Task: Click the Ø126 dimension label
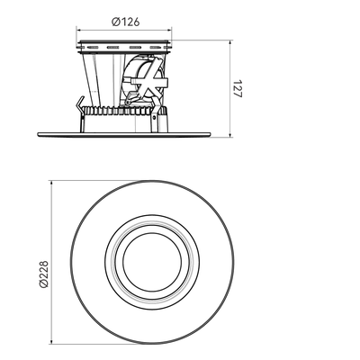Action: [x=126, y=22]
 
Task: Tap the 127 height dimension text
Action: [x=238, y=88]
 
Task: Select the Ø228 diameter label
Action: [x=44, y=274]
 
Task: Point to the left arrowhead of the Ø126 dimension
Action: [x=78, y=30]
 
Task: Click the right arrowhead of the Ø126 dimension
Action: [x=169, y=30]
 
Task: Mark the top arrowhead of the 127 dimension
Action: [x=230, y=42]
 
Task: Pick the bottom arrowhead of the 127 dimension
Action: [x=230, y=135]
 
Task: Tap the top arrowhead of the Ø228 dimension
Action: [x=52, y=183]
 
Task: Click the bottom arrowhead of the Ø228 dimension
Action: [x=52, y=341]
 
